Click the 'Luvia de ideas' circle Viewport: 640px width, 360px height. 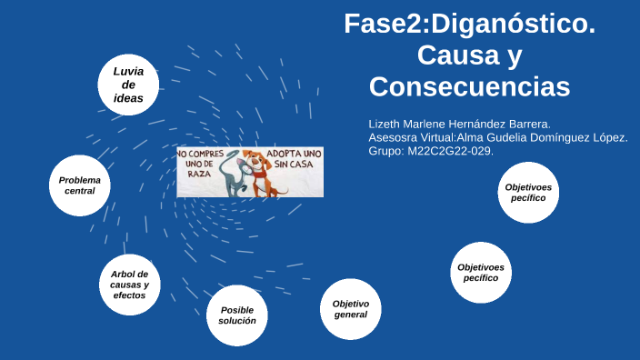(x=128, y=85)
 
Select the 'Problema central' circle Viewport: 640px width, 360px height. (x=80, y=185)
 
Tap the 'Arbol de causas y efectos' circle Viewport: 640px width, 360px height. (x=129, y=285)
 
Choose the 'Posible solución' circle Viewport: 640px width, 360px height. (x=236, y=315)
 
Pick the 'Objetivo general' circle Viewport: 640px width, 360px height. (x=350, y=309)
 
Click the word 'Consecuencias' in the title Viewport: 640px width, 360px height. (x=469, y=87)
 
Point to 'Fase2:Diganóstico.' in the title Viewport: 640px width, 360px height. (x=469, y=24)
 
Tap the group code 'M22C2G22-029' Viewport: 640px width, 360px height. (x=452, y=151)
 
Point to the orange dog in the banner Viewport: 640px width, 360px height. (x=260, y=173)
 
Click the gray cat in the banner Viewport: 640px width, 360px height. (x=234, y=175)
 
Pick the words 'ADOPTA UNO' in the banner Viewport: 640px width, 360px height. (x=293, y=153)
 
